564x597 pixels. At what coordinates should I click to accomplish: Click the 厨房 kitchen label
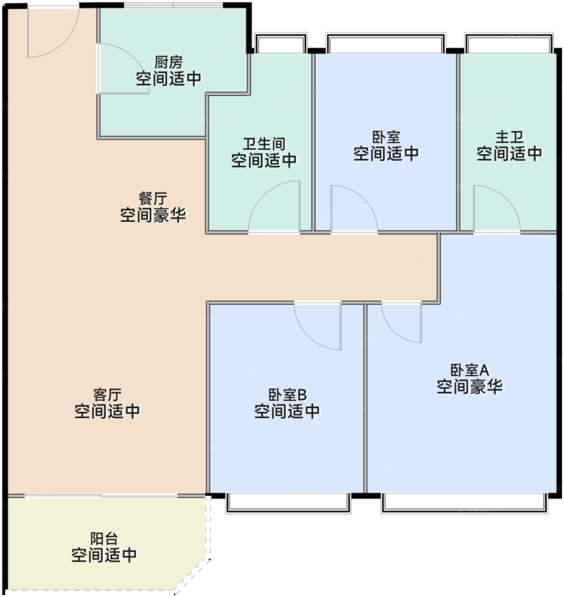169,63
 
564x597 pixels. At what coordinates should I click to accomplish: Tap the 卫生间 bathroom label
264,144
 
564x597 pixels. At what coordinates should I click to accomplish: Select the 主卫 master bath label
509,137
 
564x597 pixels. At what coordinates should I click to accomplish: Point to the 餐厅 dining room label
153,199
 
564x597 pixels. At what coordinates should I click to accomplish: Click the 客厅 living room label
107,395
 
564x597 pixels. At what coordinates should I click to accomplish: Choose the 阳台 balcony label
104,539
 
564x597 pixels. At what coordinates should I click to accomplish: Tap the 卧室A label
470,370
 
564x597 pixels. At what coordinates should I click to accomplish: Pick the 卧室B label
288,395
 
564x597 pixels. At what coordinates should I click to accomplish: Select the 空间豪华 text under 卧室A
470,387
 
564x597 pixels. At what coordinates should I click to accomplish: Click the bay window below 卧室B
288,503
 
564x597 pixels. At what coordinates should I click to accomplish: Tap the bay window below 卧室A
465,503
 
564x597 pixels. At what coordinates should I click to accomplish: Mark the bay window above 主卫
509,43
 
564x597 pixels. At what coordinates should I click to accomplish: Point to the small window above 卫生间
281,43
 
